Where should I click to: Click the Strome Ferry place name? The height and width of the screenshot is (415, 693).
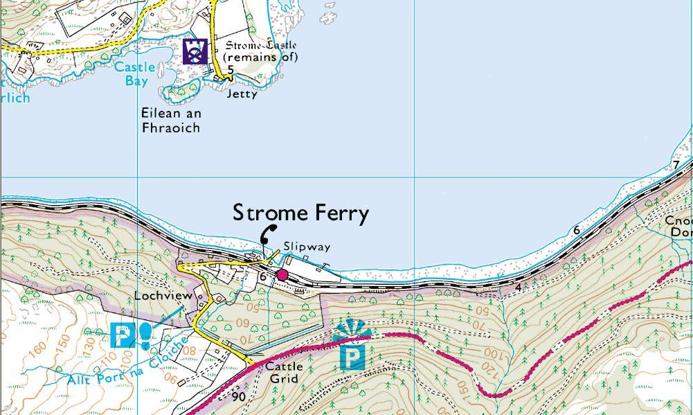click(300, 213)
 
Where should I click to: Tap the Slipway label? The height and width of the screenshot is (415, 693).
click(307, 247)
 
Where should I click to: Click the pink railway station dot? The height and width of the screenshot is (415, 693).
click(282, 275)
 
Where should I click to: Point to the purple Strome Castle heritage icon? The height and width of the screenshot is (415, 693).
click(195, 51)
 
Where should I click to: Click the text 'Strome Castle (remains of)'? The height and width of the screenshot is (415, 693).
click(261, 51)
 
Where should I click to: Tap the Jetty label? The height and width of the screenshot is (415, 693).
click(242, 94)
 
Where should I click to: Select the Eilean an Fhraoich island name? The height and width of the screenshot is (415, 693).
click(170, 120)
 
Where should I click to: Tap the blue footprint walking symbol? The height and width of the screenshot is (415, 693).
click(145, 335)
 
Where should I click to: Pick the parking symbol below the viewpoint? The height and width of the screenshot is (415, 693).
click(352, 358)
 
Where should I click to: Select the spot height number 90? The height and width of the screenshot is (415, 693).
click(239, 397)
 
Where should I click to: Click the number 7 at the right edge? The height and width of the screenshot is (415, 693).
click(676, 165)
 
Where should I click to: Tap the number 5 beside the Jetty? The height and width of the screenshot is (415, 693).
click(230, 70)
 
